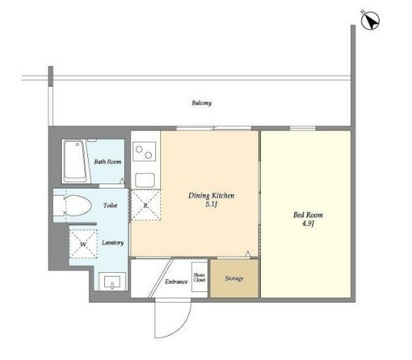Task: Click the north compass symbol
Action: point(370,21)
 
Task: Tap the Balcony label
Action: point(201,103)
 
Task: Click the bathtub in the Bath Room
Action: point(75,162)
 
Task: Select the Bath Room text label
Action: point(108,162)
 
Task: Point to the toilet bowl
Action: point(77,206)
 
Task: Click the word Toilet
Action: point(110,206)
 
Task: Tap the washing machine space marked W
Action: point(83,244)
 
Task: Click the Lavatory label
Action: point(113,242)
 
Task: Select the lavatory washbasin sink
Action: point(112,281)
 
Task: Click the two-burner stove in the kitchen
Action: point(144,152)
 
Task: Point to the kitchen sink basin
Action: point(145,180)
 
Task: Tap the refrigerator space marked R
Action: point(145,205)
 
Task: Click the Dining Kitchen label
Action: point(211,196)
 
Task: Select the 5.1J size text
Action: point(211,204)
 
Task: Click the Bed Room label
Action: point(308,215)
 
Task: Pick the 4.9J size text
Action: point(308,224)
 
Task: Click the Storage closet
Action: point(234,279)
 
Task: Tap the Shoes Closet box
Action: point(199,277)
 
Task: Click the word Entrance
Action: point(177,282)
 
